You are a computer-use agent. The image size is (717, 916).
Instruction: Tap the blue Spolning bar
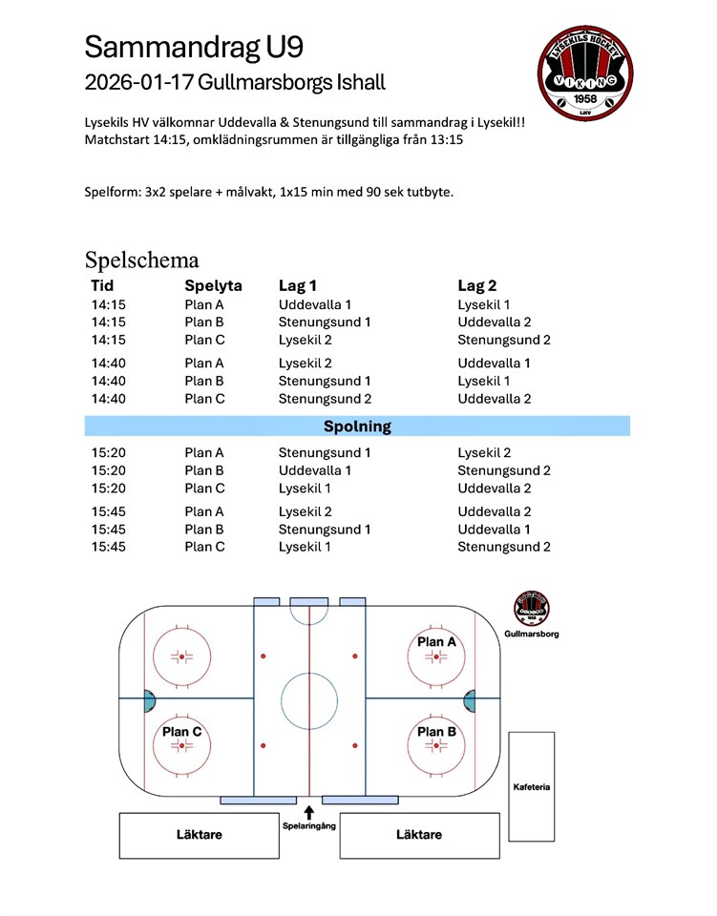click(357, 427)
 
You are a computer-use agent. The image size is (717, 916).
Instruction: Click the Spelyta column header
click(213, 285)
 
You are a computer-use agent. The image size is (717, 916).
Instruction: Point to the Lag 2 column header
click(477, 285)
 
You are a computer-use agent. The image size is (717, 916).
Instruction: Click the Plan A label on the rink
click(436, 642)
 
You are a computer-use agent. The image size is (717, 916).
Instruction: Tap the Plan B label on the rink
click(436, 732)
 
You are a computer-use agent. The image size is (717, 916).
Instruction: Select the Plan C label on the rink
click(181, 732)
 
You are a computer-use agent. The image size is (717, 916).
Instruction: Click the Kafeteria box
click(531, 787)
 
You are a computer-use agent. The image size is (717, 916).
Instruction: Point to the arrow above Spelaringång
click(309, 813)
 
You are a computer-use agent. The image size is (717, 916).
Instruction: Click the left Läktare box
click(200, 835)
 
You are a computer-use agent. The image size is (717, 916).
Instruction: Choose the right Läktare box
click(419, 835)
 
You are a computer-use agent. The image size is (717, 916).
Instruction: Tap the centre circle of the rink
click(309, 699)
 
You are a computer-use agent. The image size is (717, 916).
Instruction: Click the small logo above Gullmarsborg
click(531, 609)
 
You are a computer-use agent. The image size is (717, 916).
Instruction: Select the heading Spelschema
click(142, 260)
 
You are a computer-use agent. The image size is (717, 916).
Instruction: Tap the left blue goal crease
click(150, 699)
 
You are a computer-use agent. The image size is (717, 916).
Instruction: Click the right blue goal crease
click(468, 699)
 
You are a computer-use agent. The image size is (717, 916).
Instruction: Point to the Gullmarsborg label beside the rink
click(531, 634)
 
